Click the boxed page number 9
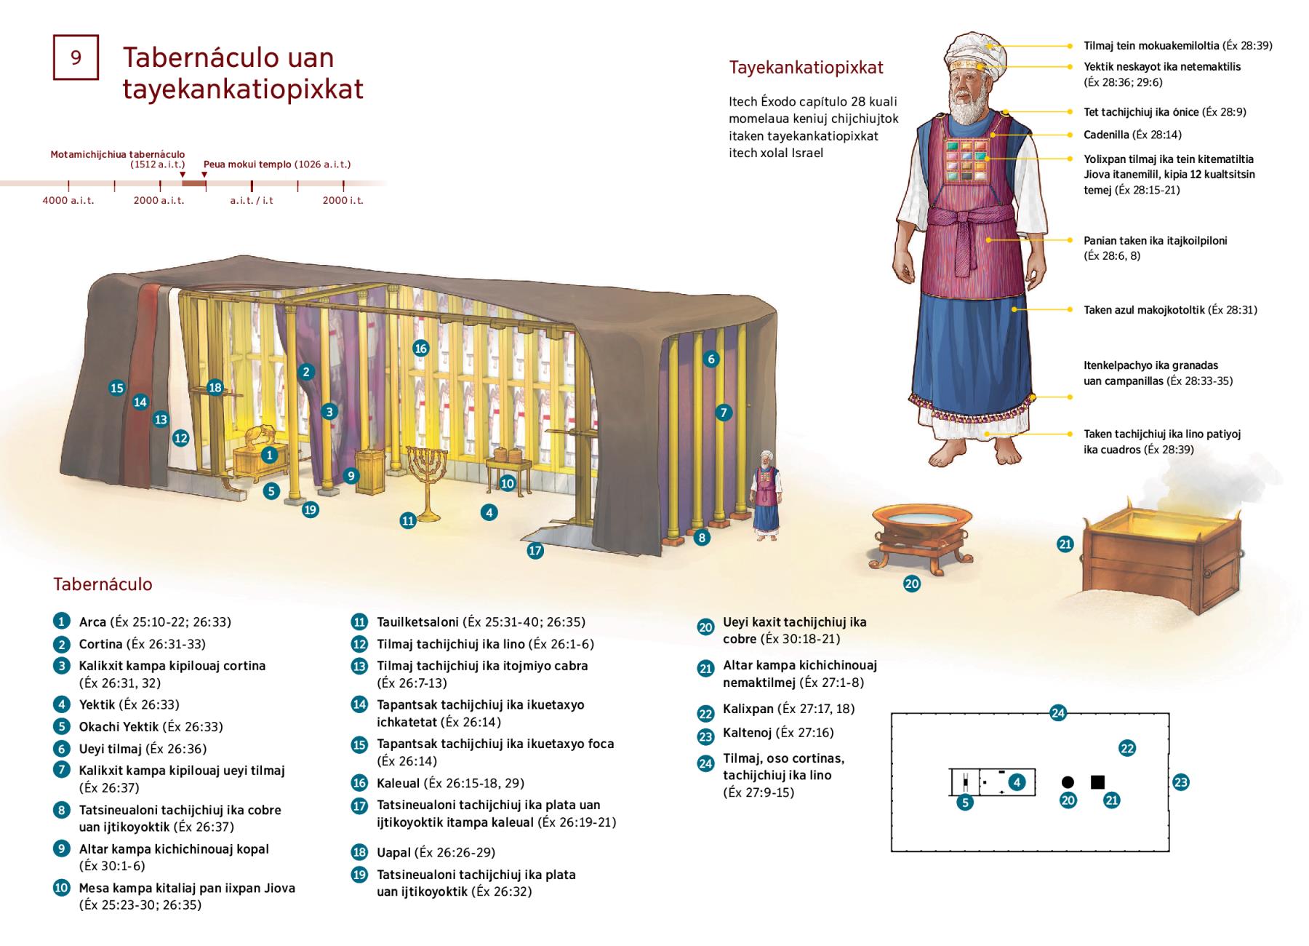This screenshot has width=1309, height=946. [76, 57]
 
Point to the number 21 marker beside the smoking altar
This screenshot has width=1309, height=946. [1065, 544]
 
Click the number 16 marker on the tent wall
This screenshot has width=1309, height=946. [420, 348]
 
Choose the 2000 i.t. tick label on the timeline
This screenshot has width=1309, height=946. [343, 200]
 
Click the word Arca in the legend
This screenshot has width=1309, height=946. [92, 622]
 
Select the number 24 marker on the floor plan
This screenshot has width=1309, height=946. [1058, 713]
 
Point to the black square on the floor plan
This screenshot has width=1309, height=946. [1097, 782]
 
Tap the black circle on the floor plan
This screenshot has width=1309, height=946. [1068, 783]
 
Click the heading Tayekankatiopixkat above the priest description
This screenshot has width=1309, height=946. [806, 68]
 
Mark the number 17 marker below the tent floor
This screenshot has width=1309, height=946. [535, 551]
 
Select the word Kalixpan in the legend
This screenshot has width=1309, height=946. [748, 709]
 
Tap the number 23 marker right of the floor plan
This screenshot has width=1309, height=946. [1180, 783]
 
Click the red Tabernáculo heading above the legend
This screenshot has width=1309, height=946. [103, 584]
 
